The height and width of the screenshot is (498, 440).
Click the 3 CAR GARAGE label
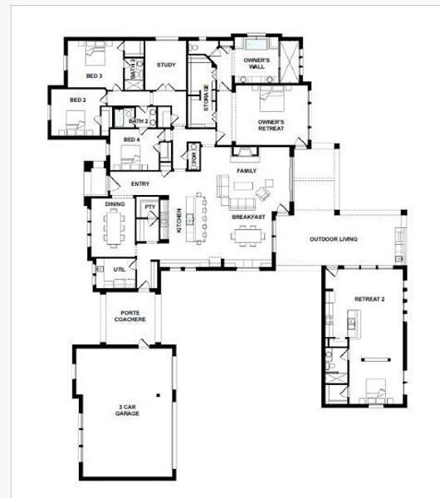tap(127, 410)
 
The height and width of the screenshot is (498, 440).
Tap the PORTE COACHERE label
tap(130, 316)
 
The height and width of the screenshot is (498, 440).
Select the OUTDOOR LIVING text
tap(334, 240)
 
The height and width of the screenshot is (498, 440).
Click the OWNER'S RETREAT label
tap(271, 125)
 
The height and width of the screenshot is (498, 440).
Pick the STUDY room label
tap(165, 66)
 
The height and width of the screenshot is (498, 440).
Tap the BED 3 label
tap(94, 76)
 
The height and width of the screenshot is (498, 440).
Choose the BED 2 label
tap(78, 100)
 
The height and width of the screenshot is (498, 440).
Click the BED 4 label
tap(132, 139)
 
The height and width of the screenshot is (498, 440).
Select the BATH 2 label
tap(138, 122)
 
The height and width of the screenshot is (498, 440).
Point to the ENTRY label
tap(139, 184)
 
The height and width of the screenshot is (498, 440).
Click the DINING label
tap(115, 204)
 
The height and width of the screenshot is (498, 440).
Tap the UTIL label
tap(109, 268)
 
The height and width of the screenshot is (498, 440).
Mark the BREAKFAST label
tap(248, 217)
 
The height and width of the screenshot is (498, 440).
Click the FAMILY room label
tap(247, 171)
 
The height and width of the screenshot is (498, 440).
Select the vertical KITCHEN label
tap(178, 221)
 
